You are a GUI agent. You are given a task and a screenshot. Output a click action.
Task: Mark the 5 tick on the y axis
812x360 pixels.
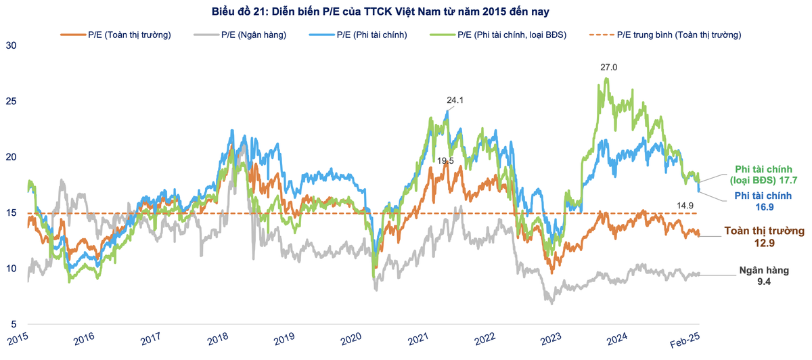(13, 324)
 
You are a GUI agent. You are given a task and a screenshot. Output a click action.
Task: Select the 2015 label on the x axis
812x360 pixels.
(20, 340)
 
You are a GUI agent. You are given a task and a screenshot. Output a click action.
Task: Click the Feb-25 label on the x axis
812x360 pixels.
(690, 340)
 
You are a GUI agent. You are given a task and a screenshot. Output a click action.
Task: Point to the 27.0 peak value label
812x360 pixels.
(609, 68)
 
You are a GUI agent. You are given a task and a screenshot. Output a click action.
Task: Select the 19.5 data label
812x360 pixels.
(445, 161)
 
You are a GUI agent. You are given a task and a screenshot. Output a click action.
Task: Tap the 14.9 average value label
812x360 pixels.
(685, 204)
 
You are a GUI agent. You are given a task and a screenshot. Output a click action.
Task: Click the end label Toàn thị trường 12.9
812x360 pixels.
(763, 235)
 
